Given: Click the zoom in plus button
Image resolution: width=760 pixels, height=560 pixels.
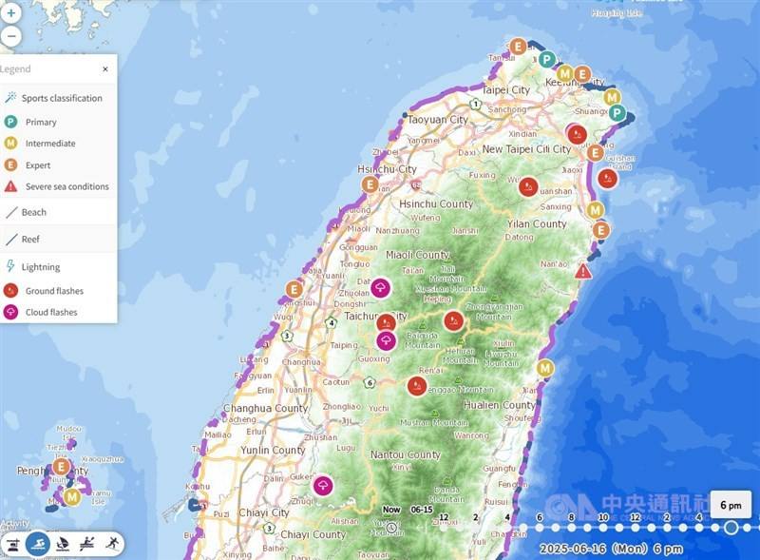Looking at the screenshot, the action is tap(10, 13).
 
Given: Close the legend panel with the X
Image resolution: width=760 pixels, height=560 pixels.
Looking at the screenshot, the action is tap(105, 69).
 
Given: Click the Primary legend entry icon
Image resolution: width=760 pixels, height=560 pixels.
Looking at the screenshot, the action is tap(10, 122).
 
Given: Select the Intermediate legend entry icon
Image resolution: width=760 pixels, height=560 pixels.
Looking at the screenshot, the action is tap(10, 144).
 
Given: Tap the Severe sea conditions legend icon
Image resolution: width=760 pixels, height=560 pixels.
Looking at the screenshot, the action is tap(10, 186).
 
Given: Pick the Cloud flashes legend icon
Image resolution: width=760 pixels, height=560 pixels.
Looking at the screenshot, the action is tap(10, 312).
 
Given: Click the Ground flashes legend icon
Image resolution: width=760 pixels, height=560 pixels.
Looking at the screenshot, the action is tap(10, 291).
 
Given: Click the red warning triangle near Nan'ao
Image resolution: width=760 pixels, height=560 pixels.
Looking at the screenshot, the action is tap(583, 271).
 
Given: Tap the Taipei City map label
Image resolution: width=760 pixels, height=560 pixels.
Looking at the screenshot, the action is tap(505, 90).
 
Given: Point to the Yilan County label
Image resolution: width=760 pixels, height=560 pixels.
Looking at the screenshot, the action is tap(536, 224).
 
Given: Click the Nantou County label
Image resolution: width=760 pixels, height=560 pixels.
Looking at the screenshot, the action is tap(406, 455).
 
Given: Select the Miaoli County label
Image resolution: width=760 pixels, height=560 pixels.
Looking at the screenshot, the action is tap(418, 255).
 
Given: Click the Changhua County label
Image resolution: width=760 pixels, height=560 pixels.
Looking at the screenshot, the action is tap(265, 409).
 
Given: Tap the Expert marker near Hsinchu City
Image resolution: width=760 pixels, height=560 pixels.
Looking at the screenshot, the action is tap(370, 184).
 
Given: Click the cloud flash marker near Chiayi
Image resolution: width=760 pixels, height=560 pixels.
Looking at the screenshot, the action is tap(323, 486).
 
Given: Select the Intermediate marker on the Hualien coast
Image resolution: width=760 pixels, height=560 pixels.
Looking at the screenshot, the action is tap(545, 368).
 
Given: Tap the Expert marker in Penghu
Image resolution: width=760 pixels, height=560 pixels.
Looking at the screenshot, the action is tap(61, 467).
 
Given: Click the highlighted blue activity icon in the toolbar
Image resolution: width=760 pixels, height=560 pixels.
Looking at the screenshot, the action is tap(38, 544).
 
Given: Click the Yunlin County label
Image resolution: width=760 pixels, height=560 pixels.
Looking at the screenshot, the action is tap(274, 451).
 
